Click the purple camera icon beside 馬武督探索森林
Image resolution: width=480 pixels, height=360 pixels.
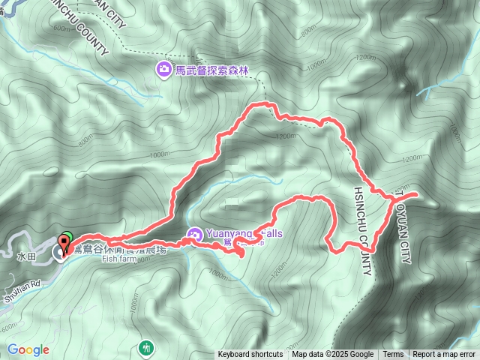pos(163,70)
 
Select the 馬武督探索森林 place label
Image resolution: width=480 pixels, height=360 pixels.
pos(210,71)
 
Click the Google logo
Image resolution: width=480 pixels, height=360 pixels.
pos(28,349)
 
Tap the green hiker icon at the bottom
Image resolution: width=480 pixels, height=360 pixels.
pos(145,347)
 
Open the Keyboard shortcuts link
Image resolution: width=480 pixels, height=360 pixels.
pos(250,355)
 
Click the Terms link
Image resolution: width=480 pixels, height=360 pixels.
pos(393,355)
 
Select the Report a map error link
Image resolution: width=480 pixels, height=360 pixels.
pos(445,355)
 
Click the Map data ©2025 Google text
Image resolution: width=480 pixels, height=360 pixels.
pos(332,355)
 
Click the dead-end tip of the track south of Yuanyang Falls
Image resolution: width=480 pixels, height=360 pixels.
pos(242,256)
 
